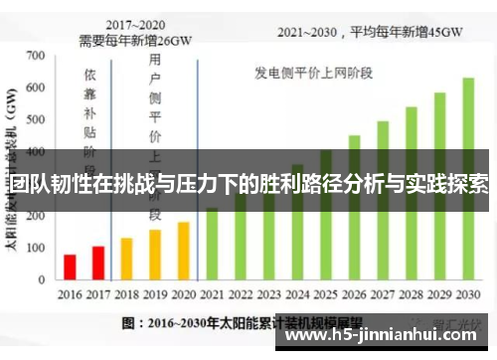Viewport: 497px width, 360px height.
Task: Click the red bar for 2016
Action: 70,269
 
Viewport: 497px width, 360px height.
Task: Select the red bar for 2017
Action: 97,264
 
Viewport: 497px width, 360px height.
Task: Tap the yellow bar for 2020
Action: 183,252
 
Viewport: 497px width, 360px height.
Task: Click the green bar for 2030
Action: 467,179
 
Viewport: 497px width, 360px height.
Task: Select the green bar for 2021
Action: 212,245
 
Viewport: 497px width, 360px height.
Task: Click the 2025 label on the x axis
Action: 326,295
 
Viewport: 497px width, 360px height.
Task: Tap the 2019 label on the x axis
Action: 155,295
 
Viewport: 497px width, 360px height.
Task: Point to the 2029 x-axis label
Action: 439,295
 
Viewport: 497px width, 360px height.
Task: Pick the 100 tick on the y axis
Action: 37,250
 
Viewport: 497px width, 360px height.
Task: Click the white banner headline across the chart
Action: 248,184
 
